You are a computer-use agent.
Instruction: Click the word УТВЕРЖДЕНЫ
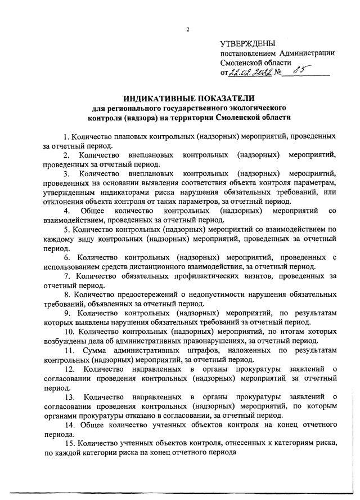[x=248, y=43]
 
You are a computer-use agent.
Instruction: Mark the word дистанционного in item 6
[x=193, y=266]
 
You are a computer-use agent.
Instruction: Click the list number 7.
[x=66, y=276]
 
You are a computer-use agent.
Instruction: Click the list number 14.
[x=69, y=424]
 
